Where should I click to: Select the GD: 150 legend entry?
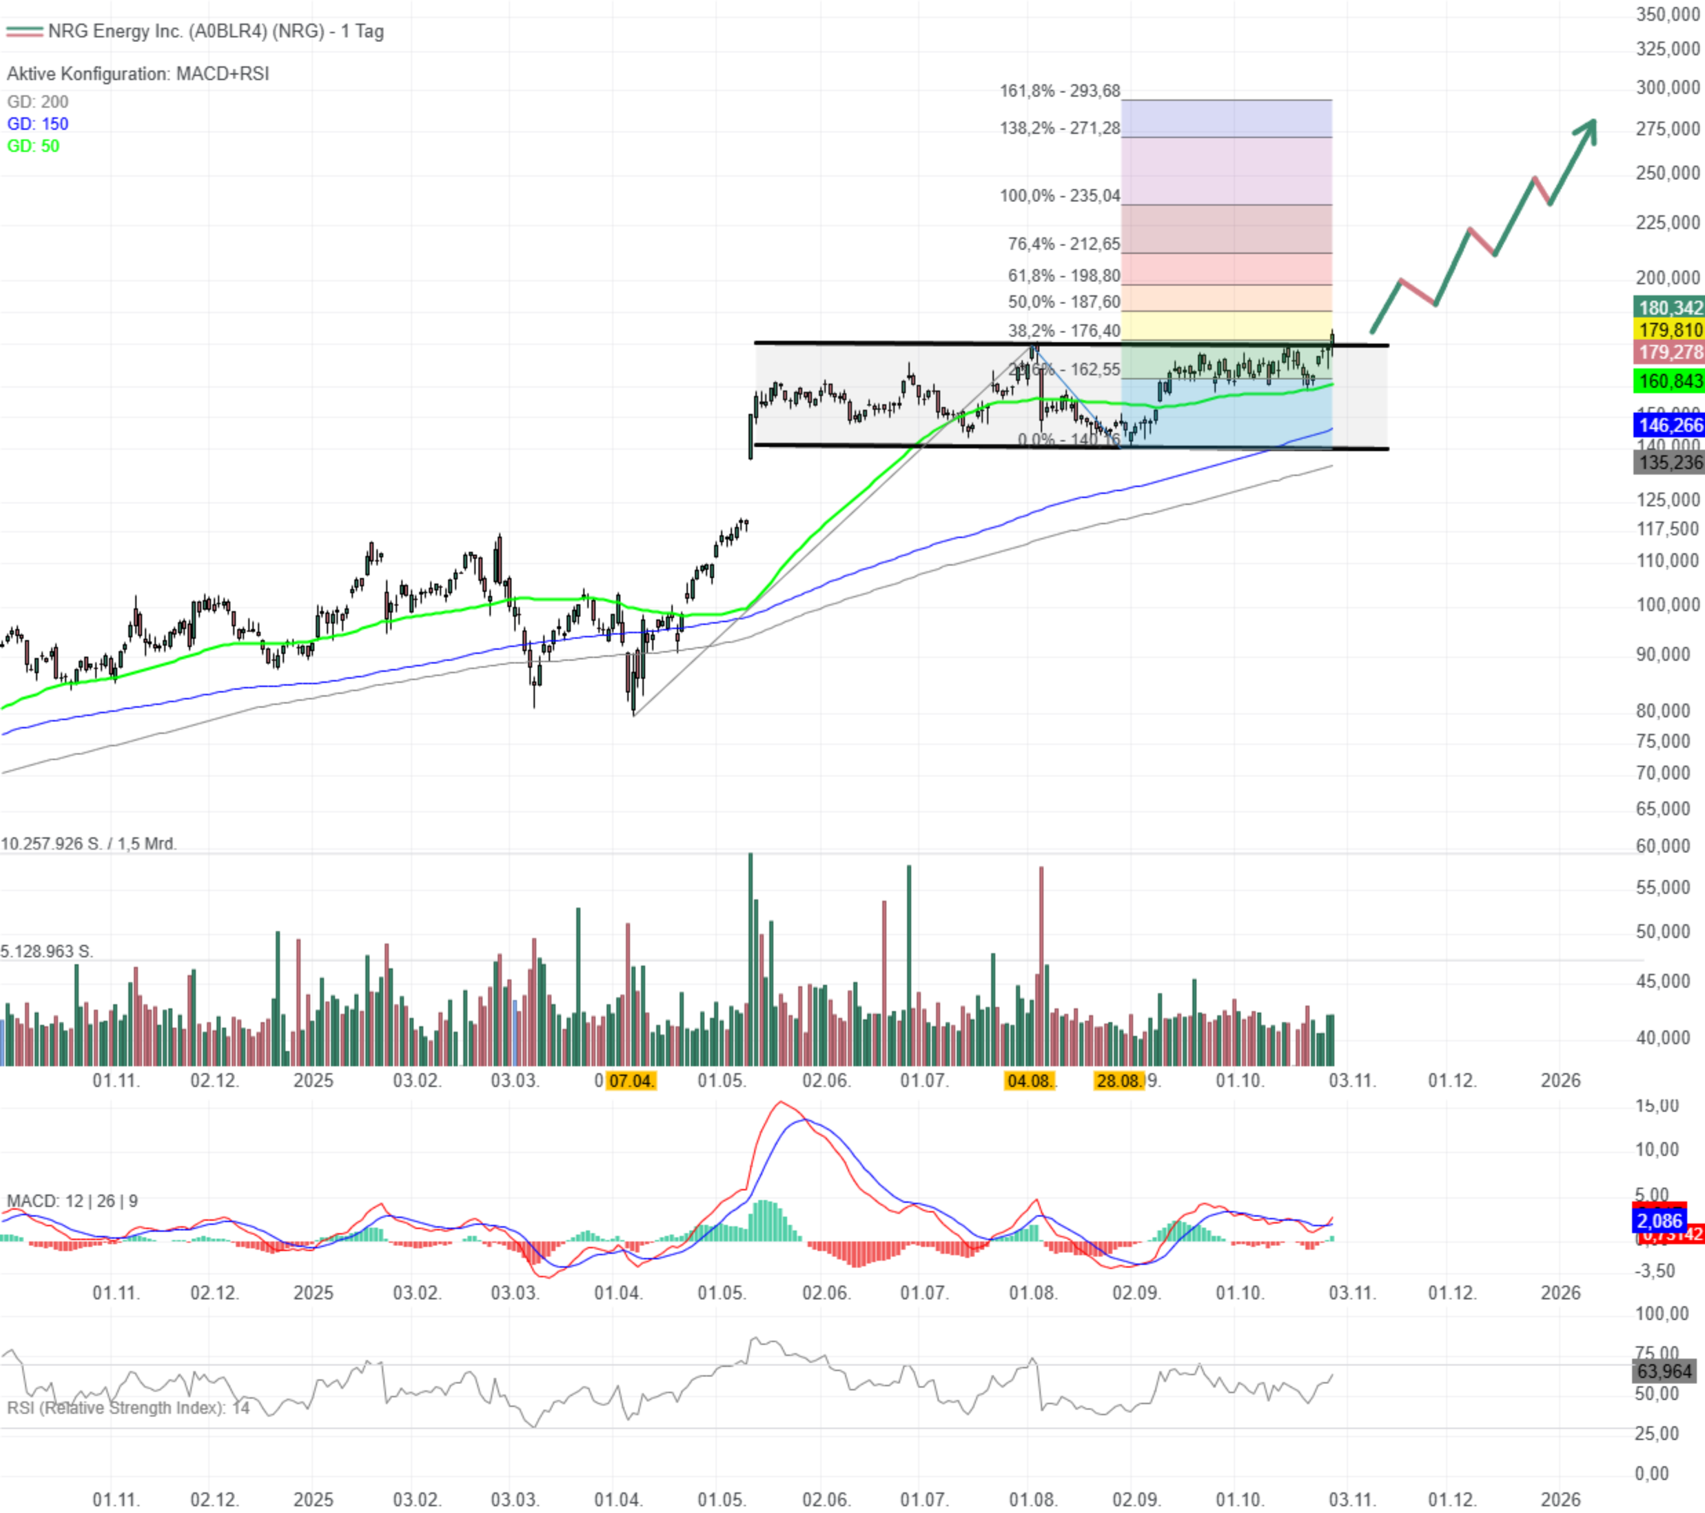[37, 124]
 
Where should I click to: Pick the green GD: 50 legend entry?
[33, 146]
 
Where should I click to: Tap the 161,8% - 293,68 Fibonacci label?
[1059, 91]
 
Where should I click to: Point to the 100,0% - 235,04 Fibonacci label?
[1059, 196]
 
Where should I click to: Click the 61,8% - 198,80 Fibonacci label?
[1063, 275]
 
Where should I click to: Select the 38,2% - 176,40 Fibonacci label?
[1063, 330]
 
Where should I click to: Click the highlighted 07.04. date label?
[631, 1081]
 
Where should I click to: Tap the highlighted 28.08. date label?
[1118, 1081]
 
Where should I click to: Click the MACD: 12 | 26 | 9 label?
[72, 1201]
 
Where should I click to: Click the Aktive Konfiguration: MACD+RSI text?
[138, 74]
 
